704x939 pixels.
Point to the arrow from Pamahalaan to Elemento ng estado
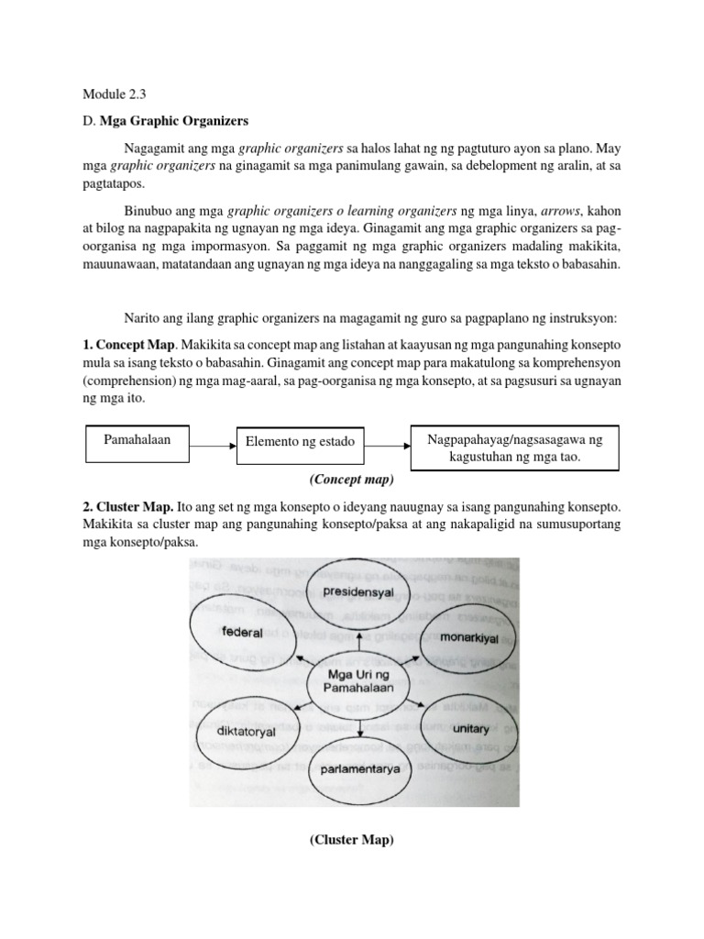(x=212, y=447)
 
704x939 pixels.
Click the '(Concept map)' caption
(x=352, y=479)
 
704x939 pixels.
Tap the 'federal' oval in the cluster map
(x=241, y=633)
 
